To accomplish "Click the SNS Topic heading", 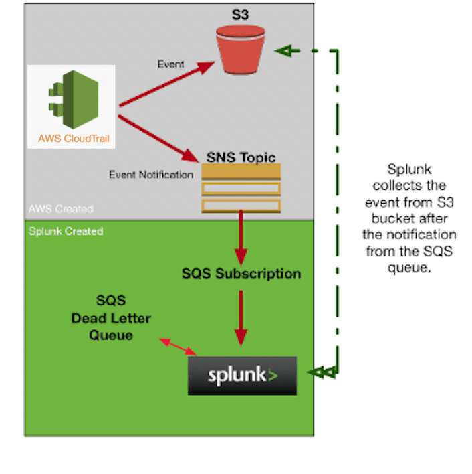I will point(241,157).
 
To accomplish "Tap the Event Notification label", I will point(151,175).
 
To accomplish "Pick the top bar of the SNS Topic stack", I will point(241,172).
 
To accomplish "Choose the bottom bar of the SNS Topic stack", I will point(241,204).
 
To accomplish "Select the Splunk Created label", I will point(66,231).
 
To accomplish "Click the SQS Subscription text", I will point(241,274).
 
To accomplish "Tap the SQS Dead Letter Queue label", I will point(111,318).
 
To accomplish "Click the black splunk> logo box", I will point(241,376).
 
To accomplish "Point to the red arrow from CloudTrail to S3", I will point(167,84).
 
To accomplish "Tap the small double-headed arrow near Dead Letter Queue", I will point(178,347).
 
